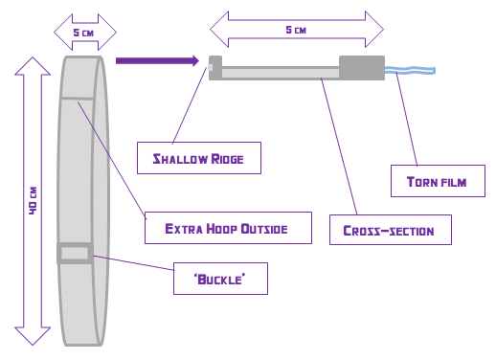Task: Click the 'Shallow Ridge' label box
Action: [199, 158]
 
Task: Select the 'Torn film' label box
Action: [438, 181]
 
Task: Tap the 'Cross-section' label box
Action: [391, 230]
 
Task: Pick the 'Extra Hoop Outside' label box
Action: [228, 228]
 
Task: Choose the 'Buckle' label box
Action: [220, 279]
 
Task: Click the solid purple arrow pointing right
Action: [157, 61]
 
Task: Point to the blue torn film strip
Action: [410, 70]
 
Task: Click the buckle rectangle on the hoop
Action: [75, 254]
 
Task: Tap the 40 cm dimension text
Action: [33, 200]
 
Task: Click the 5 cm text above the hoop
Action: [83, 33]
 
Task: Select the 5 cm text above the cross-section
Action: [296, 30]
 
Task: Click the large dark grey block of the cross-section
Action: [362, 68]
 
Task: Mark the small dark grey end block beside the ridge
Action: [215, 68]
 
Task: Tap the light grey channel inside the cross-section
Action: [281, 73]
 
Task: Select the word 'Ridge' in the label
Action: [227, 159]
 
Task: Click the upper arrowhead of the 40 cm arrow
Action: [33, 66]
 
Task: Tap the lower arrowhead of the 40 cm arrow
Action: [33, 336]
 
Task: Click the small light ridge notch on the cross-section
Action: [210, 67]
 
